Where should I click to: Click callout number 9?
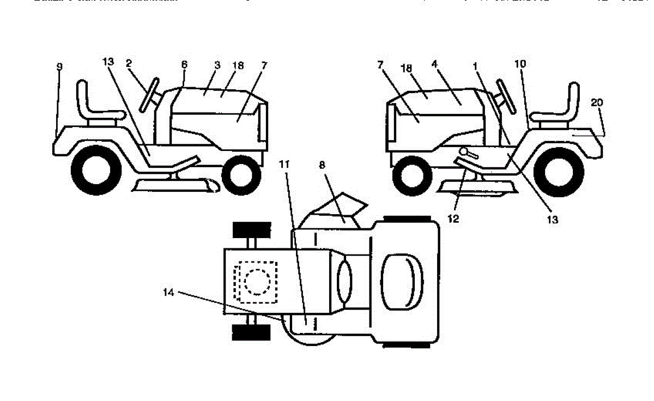[x=59, y=66]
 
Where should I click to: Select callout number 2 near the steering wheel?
[x=129, y=63]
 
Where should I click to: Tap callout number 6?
[x=184, y=64]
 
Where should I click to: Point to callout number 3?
[x=217, y=65]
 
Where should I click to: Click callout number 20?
[x=597, y=102]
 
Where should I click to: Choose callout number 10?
[x=520, y=64]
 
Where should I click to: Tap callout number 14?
[x=169, y=293]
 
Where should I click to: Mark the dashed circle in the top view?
[x=255, y=282]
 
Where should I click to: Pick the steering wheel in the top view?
[x=344, y=281]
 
